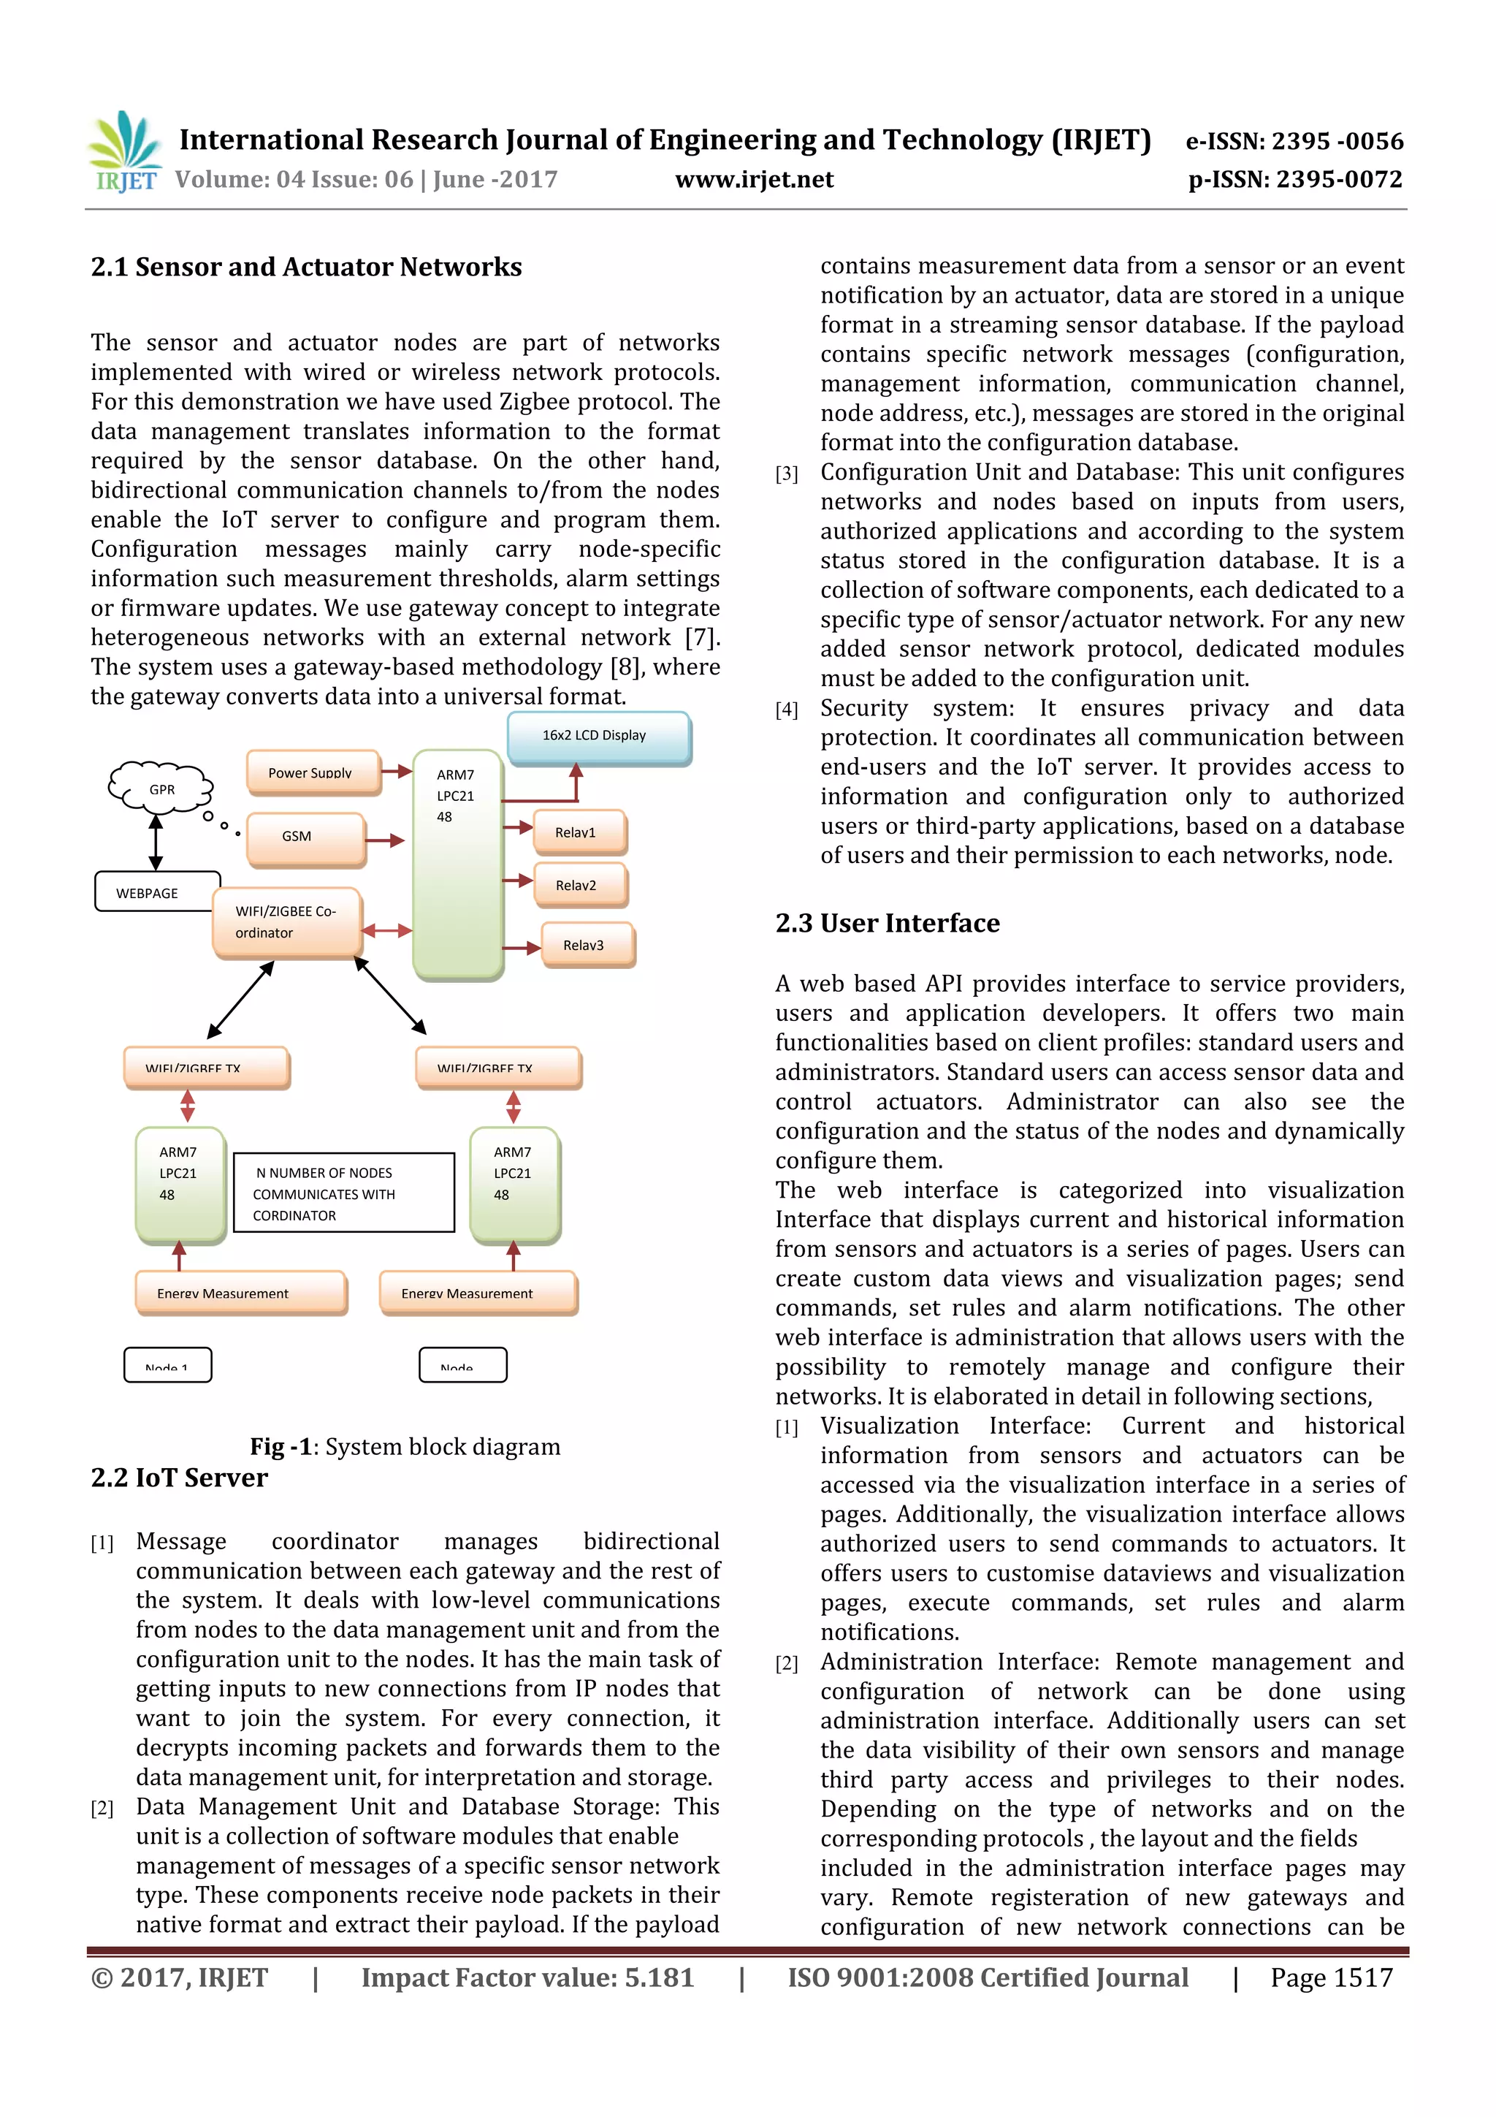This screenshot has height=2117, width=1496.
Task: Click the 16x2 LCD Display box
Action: [598, 737]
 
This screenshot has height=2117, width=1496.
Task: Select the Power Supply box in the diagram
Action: [313, 772]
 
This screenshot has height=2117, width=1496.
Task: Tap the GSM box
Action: [305, 837]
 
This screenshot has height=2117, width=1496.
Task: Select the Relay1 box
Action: [580, 832]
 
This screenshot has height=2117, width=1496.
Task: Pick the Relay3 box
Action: [587, 945]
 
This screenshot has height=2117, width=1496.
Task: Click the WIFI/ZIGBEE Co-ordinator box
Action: [286, 922]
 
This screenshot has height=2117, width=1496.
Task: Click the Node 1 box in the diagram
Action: [168, 1364]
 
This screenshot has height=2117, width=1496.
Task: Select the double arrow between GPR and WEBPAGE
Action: [156, 842]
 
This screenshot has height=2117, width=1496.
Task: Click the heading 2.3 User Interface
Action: [887, 923]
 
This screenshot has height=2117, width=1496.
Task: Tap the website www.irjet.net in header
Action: [753, 180]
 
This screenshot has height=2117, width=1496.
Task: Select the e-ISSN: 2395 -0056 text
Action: [1293, 141]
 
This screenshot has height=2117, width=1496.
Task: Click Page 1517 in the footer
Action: [1330, 1977]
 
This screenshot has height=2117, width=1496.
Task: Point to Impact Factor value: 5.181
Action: [527, 1977]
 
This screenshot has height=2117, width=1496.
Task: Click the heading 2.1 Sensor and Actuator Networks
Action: [306, 267]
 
